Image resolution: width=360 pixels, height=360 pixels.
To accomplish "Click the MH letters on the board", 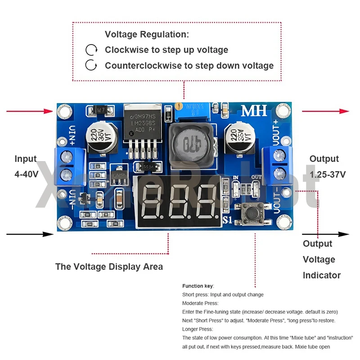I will [x=254, y=110].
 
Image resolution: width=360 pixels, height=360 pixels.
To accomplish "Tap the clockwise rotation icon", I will [x=91, y=49].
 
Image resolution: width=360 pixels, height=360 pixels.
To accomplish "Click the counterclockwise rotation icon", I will [x=91, y=65].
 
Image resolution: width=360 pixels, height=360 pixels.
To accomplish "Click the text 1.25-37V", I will [x=328, y=174].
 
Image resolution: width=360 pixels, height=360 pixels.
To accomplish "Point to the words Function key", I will [x=198, y=286].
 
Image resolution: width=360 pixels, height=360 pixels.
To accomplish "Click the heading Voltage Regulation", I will [x=147, y=34].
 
